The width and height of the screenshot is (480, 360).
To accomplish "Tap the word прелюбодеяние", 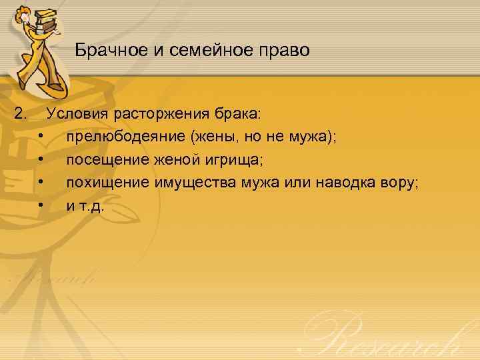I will (126, 137).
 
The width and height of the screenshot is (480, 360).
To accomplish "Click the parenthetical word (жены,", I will (211, 137).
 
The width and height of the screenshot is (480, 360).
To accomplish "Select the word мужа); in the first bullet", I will (313, 137).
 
